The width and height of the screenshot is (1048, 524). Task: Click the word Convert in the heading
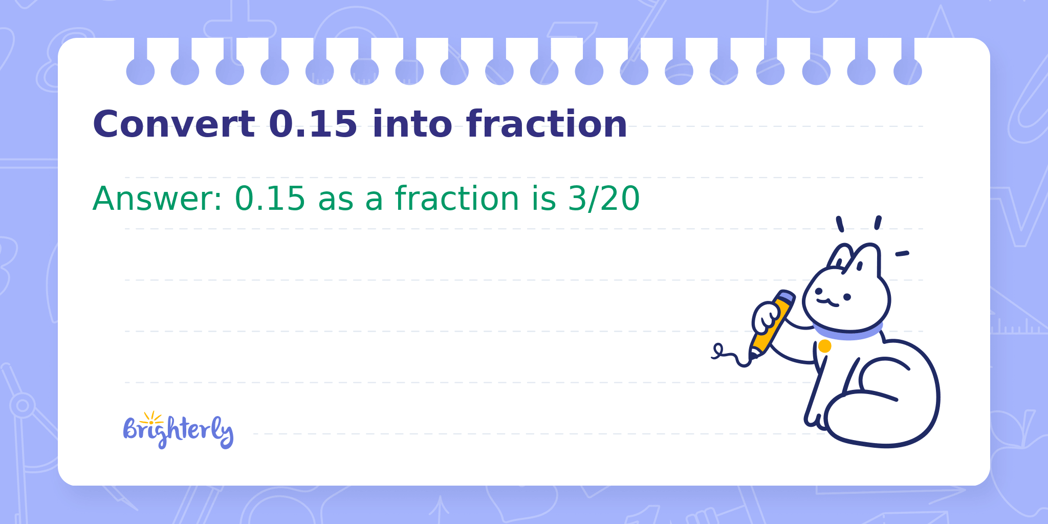(x=173, y=124)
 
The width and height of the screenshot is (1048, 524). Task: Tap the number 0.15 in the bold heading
(x=313, y=124)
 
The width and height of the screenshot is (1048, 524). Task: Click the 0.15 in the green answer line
(x=270, y=199)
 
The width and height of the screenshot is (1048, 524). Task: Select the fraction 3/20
(x=604, y=199)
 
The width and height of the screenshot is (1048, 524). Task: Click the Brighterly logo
(x=178, y=430)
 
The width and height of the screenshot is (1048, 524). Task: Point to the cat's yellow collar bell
(x=824, y=346)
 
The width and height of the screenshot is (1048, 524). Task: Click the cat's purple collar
(x=847, y=331)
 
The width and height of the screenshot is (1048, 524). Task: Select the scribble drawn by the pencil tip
(x=731, y=355)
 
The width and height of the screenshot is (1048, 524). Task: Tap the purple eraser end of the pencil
(x=787, y=296)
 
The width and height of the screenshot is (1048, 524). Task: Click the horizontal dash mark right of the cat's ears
(x=902, y=253)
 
